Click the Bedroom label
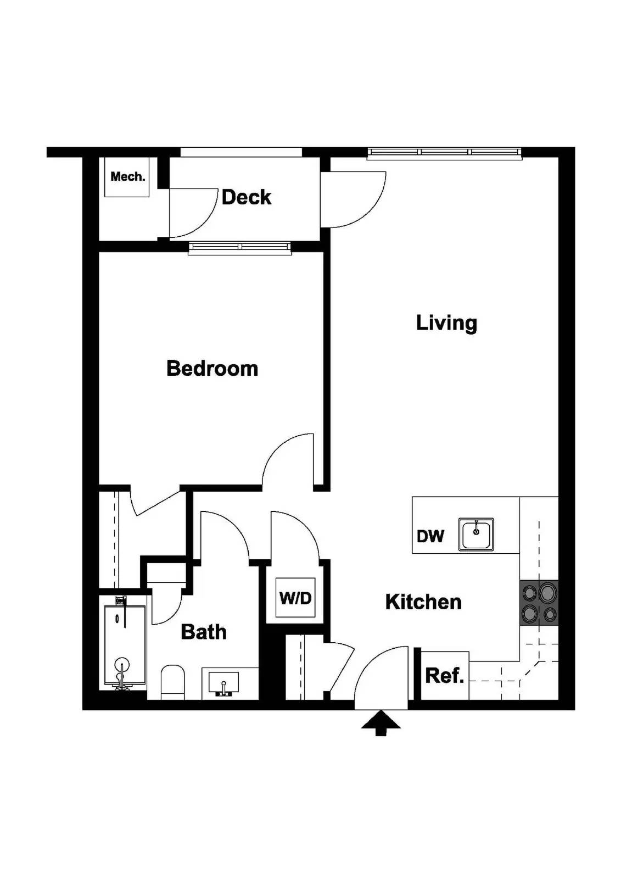pyautogui.click(x=212, y=368)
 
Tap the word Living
pyautogui.click(x=446, y=322)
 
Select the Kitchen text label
pyautogui.click(x=423, y=602)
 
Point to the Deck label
pyautogui.click(x=246, y=197)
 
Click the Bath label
pyautogui.click(x=203, y=632)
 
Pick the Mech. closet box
pyautogui.click(x=127, y=177)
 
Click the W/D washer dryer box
pyautogui.click(x=295, y=597)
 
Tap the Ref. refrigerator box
pyautogui.click(x=444, y=675)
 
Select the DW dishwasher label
pyautogui.click(x=430, y=536)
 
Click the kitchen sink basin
pyautogui.click(x=477, y=535)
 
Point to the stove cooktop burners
pyautogui.click(x=539, y=602)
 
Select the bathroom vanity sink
pyautogui.click(x=223, y=683)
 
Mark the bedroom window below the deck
pyautogui.click(x=240, y=248)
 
